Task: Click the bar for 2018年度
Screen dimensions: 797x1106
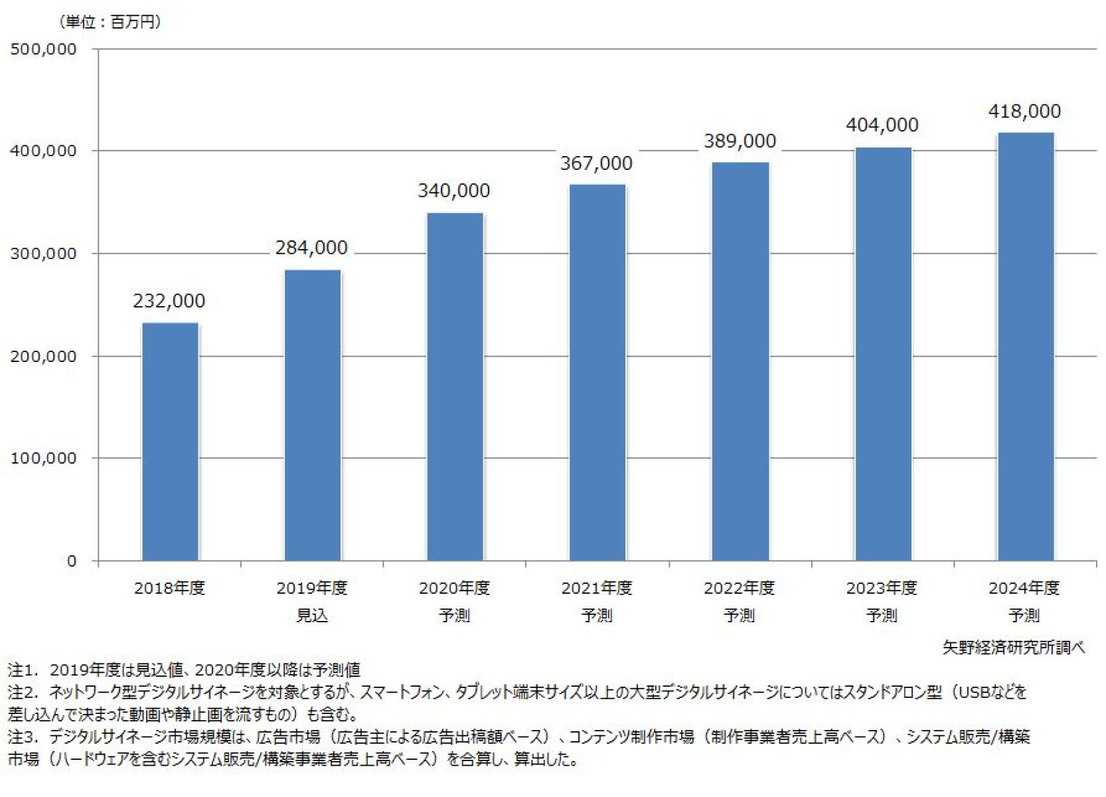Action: point(170,442)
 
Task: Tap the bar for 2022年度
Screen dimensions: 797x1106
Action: point(740,361)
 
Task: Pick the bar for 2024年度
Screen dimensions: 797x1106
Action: point(1026,346)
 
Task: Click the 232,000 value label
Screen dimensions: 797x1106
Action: point(169,301)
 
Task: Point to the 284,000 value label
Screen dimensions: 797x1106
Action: point(311,248)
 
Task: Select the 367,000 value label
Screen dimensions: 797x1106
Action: point(596,163)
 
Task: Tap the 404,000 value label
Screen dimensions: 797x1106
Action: point(882,125)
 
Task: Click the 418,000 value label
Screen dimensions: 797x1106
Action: point(1024,111)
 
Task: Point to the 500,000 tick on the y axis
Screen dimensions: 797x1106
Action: point(43,49)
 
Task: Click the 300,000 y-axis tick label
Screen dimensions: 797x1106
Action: point(43,254)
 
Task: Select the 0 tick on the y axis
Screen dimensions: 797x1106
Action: point(71,561)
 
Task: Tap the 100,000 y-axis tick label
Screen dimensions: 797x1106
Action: point(43,458)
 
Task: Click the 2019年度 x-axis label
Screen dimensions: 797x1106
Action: point(311,588)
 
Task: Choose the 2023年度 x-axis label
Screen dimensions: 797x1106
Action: point(882,588)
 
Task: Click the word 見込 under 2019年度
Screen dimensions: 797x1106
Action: point(311,616)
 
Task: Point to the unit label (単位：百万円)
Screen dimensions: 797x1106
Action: point(110,22)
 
